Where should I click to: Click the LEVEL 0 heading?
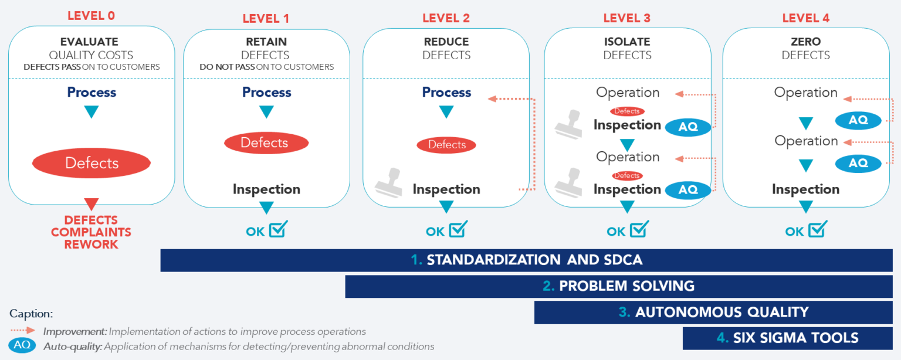91,16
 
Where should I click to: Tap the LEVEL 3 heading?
626,18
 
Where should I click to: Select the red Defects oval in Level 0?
92,163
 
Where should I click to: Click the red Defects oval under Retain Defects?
266,142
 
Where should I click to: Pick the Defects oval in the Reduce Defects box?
446,145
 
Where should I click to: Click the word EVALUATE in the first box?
89,42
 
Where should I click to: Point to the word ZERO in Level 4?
805,42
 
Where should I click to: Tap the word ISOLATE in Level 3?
627,42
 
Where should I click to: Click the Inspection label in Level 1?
266,189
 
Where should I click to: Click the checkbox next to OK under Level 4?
817,229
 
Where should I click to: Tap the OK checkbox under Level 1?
277,229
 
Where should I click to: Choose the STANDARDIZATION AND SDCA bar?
533,260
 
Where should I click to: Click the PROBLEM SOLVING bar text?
626,286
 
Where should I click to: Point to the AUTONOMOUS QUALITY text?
721,312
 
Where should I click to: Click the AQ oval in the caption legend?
22,345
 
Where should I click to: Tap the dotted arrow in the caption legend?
22,331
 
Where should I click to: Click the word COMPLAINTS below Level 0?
91,232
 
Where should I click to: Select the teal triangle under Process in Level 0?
92,111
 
